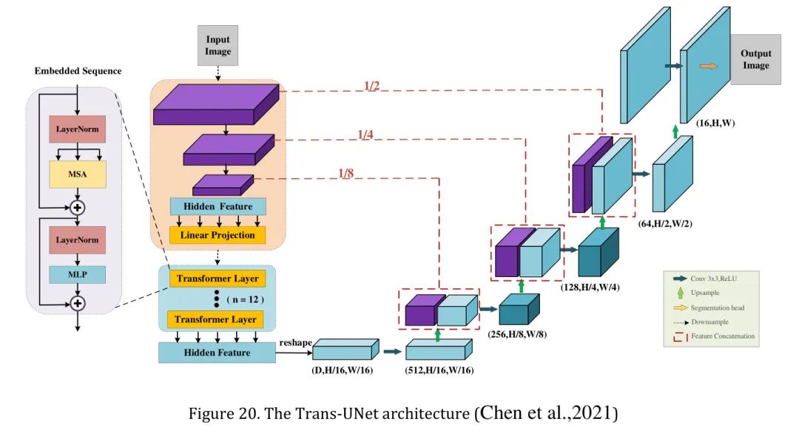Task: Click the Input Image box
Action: coord(218,45)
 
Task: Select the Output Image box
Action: coord(755,59)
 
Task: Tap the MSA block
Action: coord(78,174)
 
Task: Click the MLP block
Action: coord(78,275)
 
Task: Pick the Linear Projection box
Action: coord(218,235)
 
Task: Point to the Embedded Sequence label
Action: coord(78,71)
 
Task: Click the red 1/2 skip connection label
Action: coord(371,86)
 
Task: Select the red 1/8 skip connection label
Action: coord(346,174)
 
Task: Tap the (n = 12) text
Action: coord(244,299)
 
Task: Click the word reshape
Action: coord(295,342)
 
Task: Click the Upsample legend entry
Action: coord(704,293)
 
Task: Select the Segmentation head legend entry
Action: coord(717,307)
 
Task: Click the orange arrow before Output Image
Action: coord(708,66)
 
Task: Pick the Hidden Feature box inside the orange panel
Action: coord(218,206)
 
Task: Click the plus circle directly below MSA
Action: coord(78,207)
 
